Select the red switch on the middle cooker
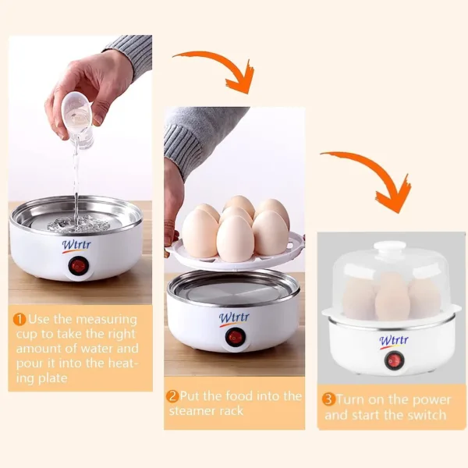coord(233,338)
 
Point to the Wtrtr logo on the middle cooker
coord(234,318)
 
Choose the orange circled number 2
coord(172,396)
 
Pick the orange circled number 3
coord(328,399)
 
